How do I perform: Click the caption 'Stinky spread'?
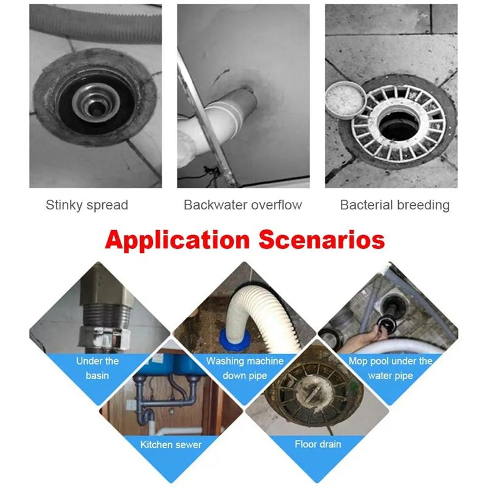[x=87, y=205]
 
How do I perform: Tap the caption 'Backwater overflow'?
[x=242, y=205]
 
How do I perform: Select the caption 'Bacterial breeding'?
[x=394, y=205]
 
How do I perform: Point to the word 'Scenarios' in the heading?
[x=322, y=239]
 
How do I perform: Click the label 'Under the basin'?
[x=97, y=368]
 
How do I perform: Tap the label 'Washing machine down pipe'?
[x=245, y=368]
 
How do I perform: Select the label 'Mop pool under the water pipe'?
[x=390, y=368]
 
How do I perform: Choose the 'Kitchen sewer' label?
[x=171, y=444]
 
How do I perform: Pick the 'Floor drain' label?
[x=318, y=444]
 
